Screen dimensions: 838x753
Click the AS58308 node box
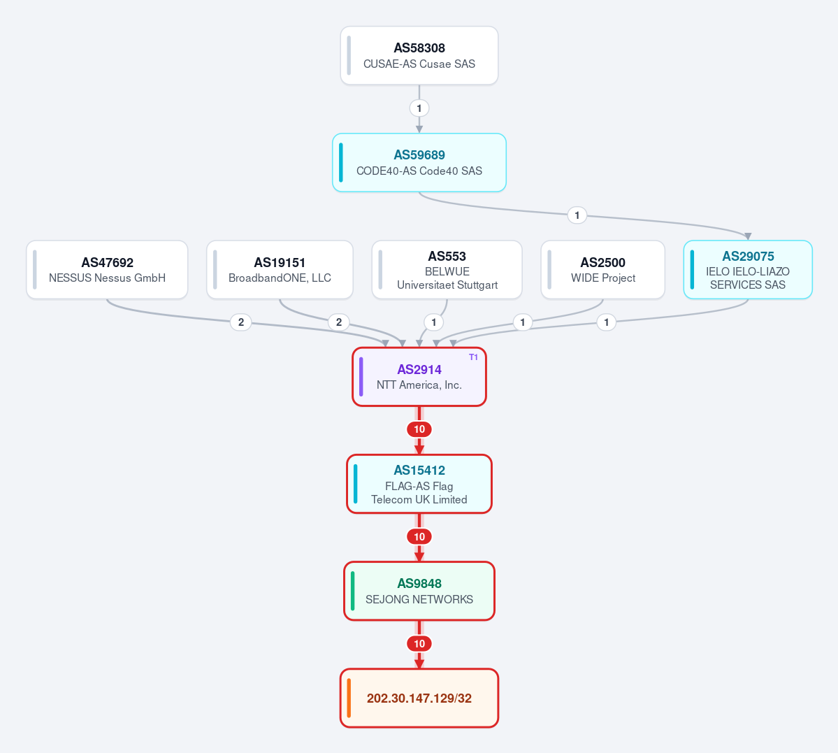419,56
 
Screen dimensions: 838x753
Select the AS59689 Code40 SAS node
419,163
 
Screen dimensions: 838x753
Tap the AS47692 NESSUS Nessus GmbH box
107,270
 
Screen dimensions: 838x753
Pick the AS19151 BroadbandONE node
280,270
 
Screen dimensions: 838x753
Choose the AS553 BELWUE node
447,270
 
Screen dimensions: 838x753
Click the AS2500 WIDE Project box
603,270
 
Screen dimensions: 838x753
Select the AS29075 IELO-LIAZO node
748,270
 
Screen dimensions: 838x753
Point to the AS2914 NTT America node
419,377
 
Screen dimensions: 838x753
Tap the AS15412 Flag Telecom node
419,484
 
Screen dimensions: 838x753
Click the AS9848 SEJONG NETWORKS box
419,591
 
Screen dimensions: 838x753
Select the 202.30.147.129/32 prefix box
419,698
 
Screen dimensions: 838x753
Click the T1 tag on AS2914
473,357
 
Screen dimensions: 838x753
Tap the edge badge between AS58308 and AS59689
419,108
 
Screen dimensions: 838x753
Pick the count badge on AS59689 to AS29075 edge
577,215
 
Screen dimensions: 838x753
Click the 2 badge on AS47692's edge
241,322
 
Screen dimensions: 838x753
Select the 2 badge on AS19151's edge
339,322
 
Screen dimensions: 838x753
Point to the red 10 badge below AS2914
419,429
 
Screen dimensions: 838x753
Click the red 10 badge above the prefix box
419,643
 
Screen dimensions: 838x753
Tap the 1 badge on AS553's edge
433,322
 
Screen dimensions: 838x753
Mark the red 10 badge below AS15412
419,536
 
